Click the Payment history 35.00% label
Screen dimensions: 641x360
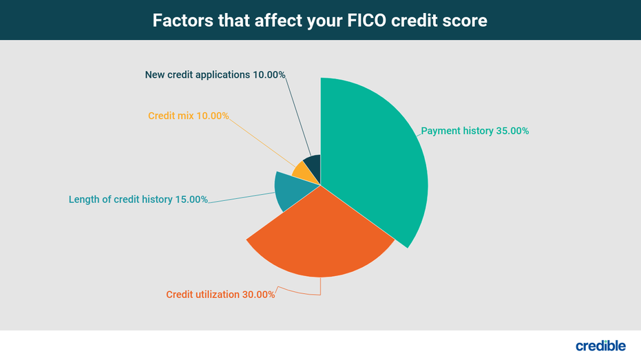point(474,131)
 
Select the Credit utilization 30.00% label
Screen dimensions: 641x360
point(220,294)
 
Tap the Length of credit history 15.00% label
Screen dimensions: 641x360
point(138,199)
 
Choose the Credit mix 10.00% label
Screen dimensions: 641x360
point(189,116)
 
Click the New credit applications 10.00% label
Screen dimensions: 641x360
point(215,75)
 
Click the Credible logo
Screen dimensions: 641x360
point(600,346)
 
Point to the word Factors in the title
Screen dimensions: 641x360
point(182,21)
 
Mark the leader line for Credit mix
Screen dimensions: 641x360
point(262,142)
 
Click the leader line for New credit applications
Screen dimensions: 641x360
point(298,116)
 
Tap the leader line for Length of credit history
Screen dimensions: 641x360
point(242,198)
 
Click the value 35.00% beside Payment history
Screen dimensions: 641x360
point(512,131)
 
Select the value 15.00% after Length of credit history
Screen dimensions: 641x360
point(191,199)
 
